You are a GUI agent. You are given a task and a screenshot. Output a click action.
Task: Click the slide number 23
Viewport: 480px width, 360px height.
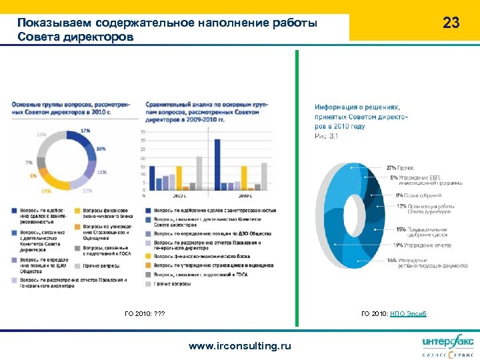click(451, 23)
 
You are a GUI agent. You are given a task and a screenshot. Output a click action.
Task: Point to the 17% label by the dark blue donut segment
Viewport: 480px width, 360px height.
click(85, 131)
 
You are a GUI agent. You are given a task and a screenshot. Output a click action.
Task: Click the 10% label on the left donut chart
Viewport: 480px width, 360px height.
click(101, 149)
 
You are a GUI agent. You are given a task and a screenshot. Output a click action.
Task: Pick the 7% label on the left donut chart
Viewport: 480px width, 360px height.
click(29, 162)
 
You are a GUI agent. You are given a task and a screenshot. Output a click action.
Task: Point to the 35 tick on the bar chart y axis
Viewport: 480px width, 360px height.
click(143, 132)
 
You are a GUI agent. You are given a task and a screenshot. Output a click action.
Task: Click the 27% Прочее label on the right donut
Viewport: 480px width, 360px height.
click(400, 168)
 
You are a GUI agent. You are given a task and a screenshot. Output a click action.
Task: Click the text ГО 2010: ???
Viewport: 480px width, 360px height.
click(145, 313)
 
